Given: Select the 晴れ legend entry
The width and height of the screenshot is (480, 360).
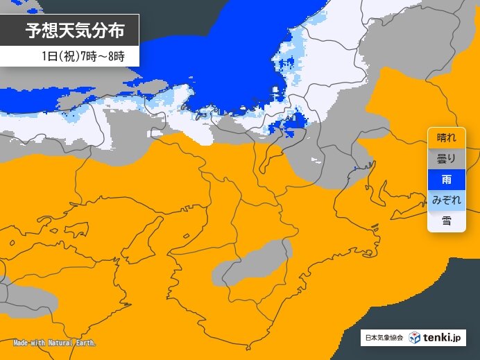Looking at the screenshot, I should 446,137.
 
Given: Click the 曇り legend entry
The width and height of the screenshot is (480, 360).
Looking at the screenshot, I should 446,158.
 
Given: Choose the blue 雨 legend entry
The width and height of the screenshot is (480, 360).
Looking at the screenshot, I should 446,180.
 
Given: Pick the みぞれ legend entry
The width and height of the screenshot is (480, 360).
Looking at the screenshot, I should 446,200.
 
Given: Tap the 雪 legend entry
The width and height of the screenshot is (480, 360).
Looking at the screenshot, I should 446,221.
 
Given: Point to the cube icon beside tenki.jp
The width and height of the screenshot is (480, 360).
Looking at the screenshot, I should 414,338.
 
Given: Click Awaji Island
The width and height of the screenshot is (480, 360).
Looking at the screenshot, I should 144,240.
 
